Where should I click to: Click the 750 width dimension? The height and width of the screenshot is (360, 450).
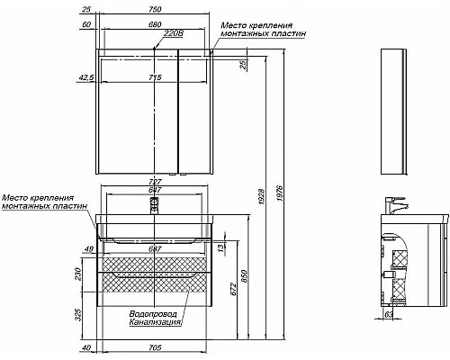(155, 10)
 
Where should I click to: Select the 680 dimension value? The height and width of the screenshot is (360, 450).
(155, 26)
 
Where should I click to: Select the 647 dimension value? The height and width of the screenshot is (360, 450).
(155, 191)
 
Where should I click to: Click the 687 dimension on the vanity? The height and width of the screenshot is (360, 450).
(155, 248)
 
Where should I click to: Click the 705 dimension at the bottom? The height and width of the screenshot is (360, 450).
(155, 348)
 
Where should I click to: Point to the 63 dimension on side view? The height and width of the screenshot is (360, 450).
(388, 340)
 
